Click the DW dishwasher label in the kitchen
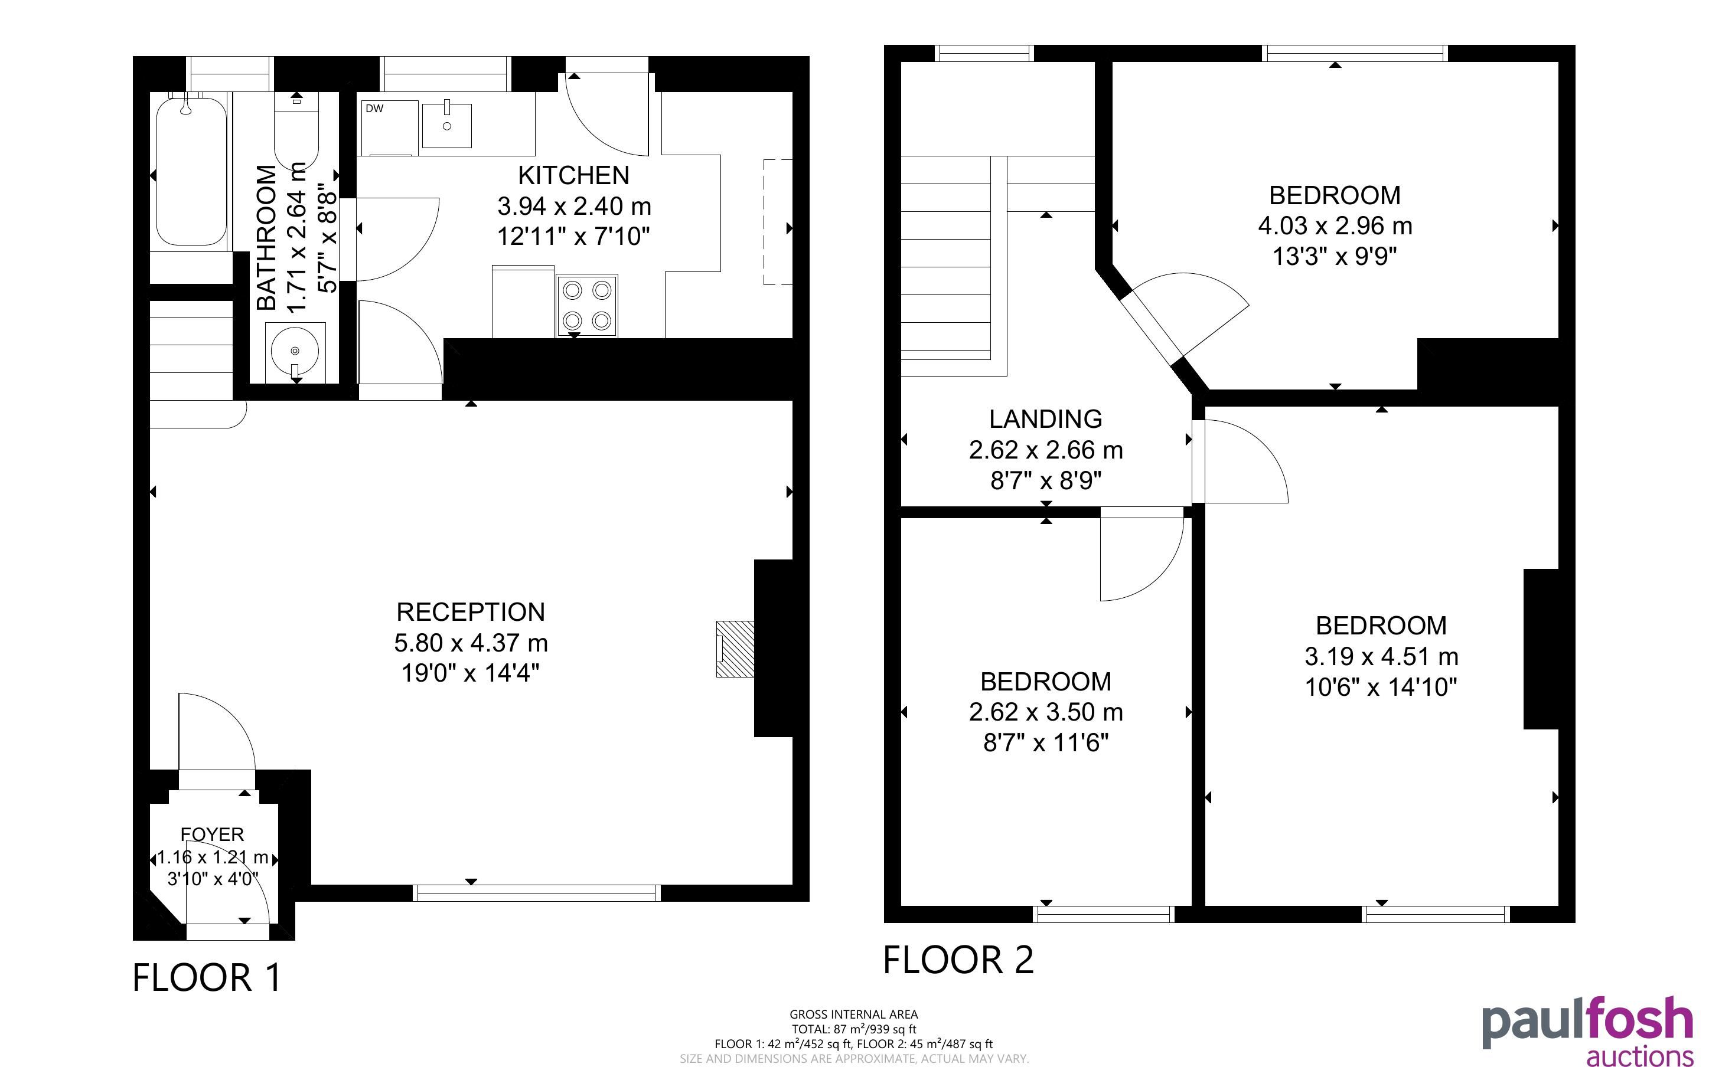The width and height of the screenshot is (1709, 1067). tap(374, 109)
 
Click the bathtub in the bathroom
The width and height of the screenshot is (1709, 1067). tap(191, 172)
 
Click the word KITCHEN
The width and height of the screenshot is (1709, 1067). tap(574, 175)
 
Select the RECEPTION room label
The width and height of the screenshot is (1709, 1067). tap(471, 612)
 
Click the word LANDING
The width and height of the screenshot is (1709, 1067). tap(1045, 419)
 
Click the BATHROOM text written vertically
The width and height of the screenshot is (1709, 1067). tap(266, 237)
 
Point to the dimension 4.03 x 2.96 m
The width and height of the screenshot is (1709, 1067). tap(1335, 226)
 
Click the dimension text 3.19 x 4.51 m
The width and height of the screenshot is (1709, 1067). tap(1381, 657)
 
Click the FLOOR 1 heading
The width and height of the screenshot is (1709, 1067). tap(207, 977)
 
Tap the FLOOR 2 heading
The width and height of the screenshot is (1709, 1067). tap(958, 960)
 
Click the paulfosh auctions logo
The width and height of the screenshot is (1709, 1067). tap(1587, 1031)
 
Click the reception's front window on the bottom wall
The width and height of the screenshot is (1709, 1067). tap(536, 893)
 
